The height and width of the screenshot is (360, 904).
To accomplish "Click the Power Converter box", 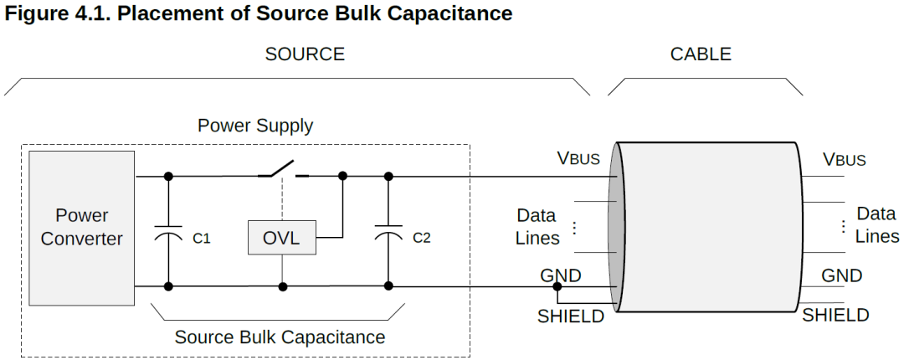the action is click(82, 228).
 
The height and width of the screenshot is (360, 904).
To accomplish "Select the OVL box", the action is click(282, 237).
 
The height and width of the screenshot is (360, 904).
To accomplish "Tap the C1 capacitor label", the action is click(201, 238).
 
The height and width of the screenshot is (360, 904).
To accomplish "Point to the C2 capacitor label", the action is click(421, 237).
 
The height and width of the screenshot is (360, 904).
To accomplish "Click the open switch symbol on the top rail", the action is click(283, 170).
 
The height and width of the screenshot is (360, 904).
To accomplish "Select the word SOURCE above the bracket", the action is click(305, 54).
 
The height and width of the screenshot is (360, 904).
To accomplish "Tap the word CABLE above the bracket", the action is click(701, 54).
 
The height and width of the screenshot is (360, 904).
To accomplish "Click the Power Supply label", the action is click(255, 126).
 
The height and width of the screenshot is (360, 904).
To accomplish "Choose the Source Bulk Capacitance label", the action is click(280, 337).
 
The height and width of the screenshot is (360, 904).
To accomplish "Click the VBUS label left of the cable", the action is click(578, 157).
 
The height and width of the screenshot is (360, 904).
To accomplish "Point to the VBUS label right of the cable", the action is click(844, 159).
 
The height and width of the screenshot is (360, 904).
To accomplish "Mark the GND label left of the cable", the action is click(560, 275).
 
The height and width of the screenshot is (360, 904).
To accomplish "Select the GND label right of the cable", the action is click(842, 275).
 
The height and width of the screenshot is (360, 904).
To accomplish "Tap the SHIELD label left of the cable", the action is click(571, 316).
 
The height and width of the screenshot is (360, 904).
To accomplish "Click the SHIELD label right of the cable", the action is click(835, 315).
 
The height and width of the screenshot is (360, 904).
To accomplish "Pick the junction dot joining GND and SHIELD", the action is click(557, 286).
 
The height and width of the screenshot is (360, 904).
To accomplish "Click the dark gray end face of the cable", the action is click(616, 228).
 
